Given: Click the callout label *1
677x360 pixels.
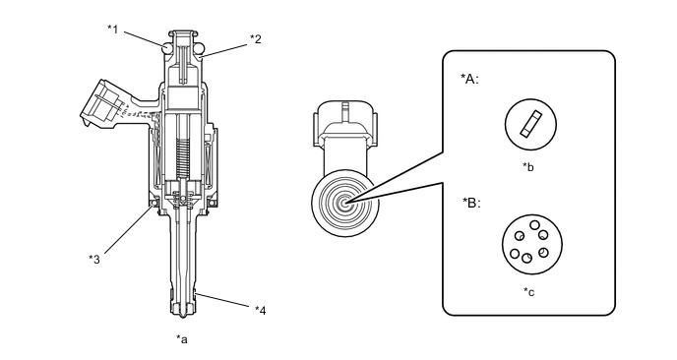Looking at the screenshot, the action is [x=112, y=30].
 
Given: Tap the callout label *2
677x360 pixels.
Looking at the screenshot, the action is [x=256, y=39].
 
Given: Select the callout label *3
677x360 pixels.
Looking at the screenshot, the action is [x=94, y=260].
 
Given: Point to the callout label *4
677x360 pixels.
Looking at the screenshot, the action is [x=261, y=311].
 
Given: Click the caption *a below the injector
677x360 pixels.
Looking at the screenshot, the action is [x=182, y=339].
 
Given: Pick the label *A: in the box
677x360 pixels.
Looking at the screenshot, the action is [x=469, y=79].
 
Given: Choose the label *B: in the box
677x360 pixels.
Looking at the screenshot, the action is [x=471, y=203].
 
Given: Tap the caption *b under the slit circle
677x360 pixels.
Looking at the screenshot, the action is [x=528, y=167].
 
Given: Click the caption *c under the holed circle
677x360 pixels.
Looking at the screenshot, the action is [x=529, y=292].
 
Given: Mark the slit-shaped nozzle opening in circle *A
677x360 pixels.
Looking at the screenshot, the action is [x=530, y=125].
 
